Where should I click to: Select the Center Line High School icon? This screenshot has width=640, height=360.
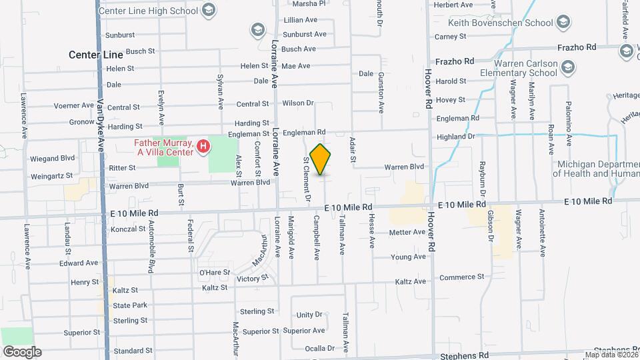pyautogui.click(x=209, y=10)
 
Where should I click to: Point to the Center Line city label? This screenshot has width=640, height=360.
pyautogui.click(x=96, y=55)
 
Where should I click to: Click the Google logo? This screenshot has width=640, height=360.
pyautogui.click(x=22, y=351)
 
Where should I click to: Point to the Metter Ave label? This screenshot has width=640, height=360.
pyautogui.click(x=407, y=232)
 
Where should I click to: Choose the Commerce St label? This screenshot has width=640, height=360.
pyautogui.click(x=461, y=277)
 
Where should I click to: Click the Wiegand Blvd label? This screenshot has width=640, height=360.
pyautogui.click(x=52, y=158)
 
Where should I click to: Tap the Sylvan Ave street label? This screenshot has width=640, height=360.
pyautogui.click(x=221, y=91)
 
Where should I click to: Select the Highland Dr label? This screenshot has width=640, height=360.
pyautogui.click(x=456, y=137)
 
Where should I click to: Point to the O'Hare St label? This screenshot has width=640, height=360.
pyautogui.click(x=215, y=272)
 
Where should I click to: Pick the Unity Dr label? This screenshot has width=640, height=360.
pyautogui.click(x=309, y=315)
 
